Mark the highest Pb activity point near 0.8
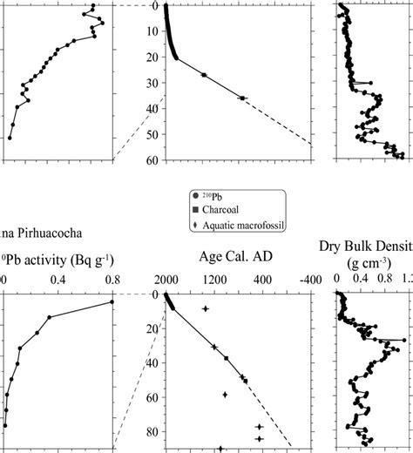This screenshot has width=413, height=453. [112, 302]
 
